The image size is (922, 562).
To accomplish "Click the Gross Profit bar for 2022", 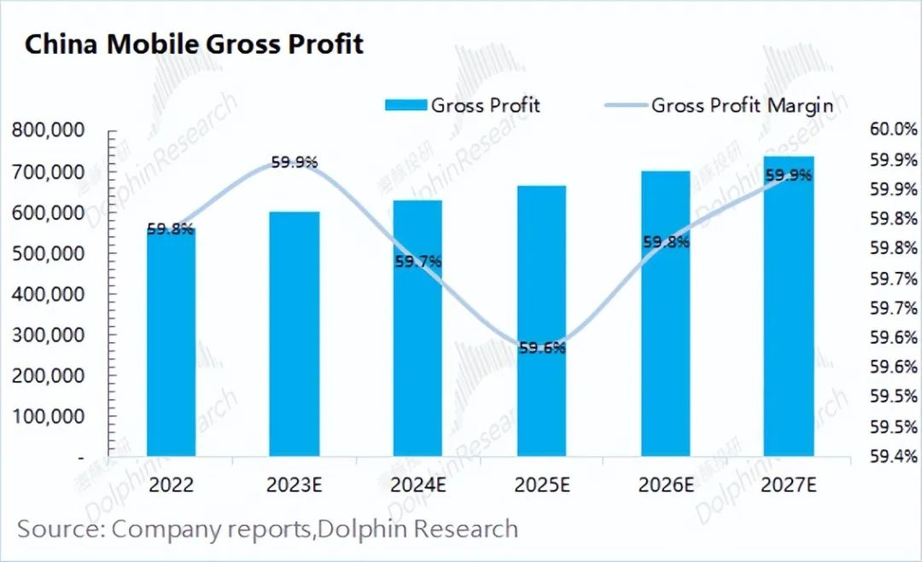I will coord(171,341).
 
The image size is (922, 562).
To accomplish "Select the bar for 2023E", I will coord(295,333).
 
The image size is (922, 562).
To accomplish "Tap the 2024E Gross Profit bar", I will coord(417,328).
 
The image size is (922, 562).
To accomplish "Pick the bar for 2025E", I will coord(541,320).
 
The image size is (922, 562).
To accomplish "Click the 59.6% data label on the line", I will coord(541,348).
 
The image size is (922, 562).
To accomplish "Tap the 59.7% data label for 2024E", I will coord(418,262).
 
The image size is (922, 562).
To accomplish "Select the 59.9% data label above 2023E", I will coord(295,162).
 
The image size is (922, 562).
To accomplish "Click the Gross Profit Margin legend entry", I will coord(741,105).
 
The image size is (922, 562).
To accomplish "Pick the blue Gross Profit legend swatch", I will coord(405,106).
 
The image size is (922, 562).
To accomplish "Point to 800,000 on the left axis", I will coord(48,130).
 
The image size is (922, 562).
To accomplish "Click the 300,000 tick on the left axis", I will coord(48,335).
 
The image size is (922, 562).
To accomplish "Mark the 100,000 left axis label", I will coord(48,417).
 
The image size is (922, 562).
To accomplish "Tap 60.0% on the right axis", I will coord(894,130).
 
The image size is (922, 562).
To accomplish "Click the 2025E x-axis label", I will coord(541,485).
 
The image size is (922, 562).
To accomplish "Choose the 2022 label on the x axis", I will coord(171,485).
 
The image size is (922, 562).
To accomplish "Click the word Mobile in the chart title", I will coord(152,44).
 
